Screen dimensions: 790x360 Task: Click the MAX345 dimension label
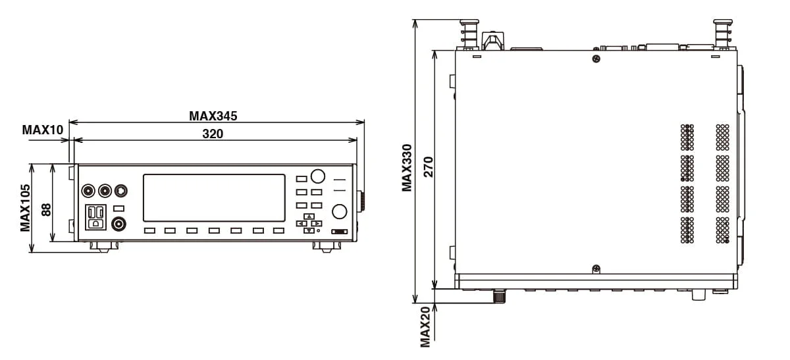tap(213, 116)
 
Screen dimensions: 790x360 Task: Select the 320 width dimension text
tap(213, 134)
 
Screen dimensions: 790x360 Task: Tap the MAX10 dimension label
tap(43, 130)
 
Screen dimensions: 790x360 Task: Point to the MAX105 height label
tap(26, 208)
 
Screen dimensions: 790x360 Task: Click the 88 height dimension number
tap(46, 209)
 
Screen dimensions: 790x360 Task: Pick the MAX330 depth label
tap(407, 168)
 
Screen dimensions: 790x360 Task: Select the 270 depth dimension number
tap(428, 167)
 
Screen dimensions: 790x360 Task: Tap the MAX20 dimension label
tap(425, 327)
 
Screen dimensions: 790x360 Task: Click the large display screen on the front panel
tap(214, 198)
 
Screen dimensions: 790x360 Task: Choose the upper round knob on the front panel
tap(317, 176)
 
